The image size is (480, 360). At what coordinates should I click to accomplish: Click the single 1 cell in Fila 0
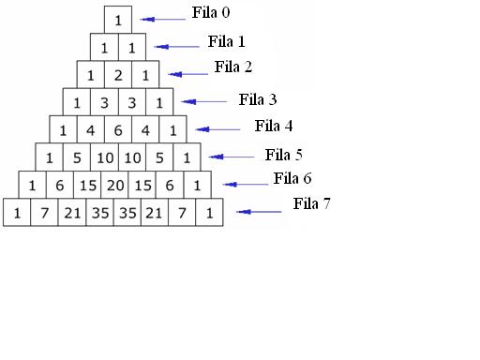(118, 19)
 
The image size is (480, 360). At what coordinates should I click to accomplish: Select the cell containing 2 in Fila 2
(118, 74)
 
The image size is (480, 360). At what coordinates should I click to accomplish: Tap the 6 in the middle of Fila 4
(118, 130)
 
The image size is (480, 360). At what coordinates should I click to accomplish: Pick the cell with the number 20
(118, 186)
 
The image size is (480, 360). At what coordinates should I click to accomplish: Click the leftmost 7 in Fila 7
(44, 214)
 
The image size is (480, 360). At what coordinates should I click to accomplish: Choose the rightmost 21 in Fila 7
(155, 214)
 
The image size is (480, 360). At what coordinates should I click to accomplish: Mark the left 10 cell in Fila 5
(104, 157)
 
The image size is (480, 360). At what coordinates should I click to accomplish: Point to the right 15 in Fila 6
(145, 186)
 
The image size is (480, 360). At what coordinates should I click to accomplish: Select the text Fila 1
(226, 41)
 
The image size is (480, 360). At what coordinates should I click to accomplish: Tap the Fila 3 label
(257, 99)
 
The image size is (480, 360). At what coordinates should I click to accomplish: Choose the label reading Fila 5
(283, 155)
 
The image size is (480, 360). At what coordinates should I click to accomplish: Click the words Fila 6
(292, 178)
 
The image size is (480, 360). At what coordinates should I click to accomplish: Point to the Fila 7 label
(311, 202)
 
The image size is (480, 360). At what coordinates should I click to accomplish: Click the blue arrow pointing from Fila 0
(163, 19)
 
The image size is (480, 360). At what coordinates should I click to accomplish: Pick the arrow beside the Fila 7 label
(260, 212)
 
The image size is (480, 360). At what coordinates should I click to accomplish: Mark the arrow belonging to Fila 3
(205, 101)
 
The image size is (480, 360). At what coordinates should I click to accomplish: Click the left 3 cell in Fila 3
(104, 102)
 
